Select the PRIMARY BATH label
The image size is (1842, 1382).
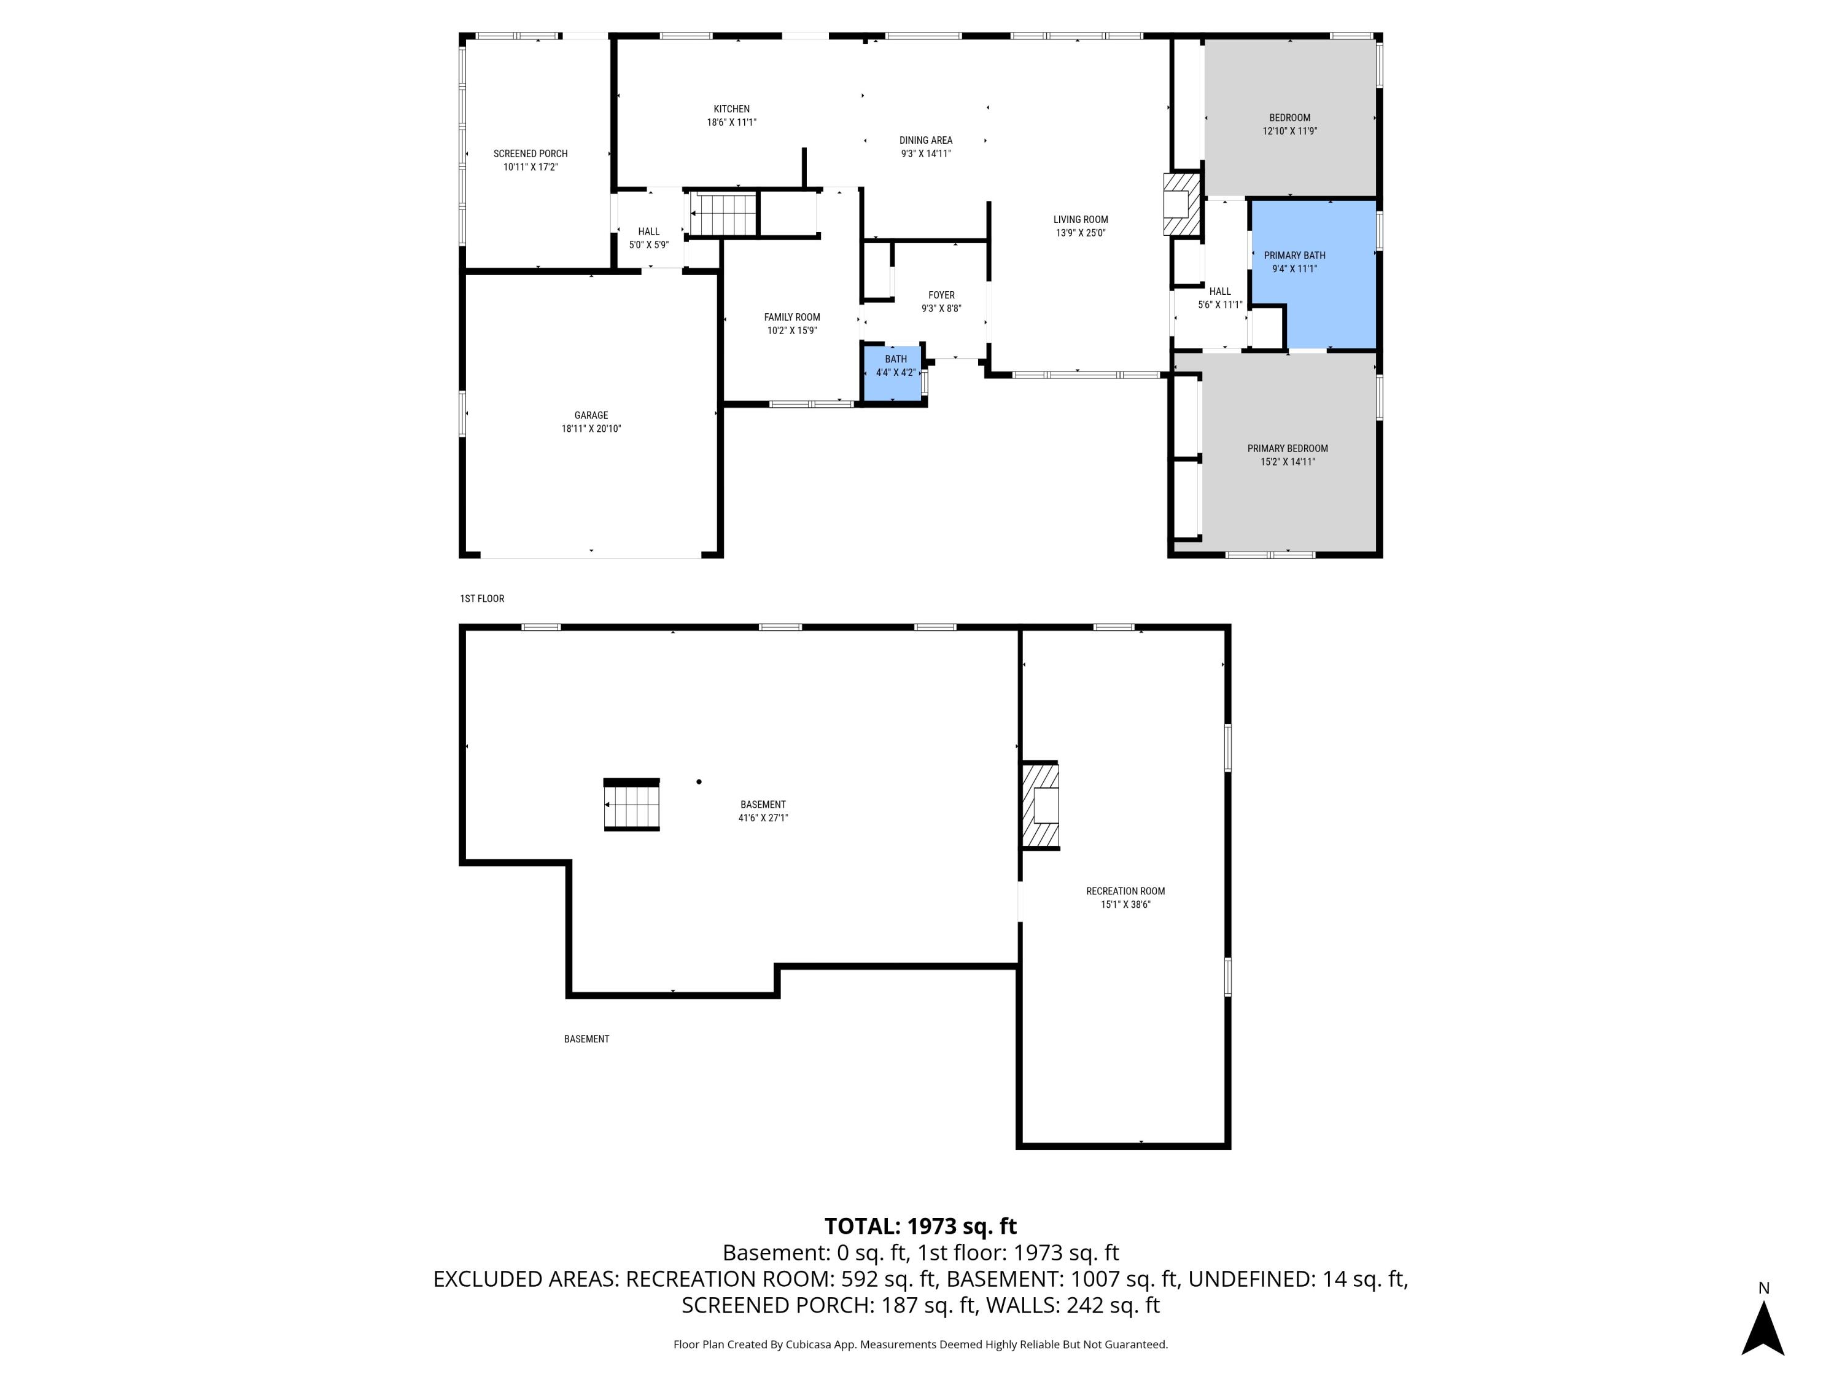[1294, 256]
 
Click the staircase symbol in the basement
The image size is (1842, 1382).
[631, 805]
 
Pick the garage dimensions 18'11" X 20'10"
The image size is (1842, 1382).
[591, 429]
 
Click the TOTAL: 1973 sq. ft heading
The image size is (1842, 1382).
[920, 1226]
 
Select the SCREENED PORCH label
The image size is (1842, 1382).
[530, 154]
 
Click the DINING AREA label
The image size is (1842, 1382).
[925, 141]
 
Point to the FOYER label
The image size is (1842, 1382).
[941, 295]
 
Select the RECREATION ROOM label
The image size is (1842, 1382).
[1125, 891]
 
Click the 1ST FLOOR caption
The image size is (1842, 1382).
[482, 599]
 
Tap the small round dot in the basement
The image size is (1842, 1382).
[699, 781]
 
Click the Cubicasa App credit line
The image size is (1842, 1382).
[920, 1344]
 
